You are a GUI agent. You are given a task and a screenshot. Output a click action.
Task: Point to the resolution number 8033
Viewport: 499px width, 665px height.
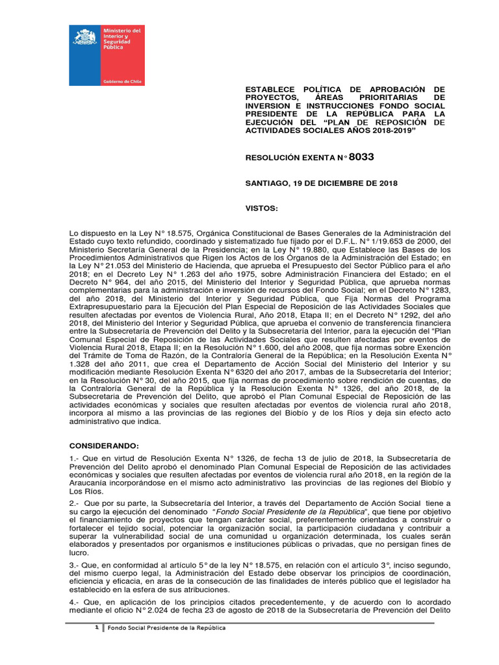(361, 157)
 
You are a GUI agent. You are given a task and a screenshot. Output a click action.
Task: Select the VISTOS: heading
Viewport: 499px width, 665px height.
(261, 209)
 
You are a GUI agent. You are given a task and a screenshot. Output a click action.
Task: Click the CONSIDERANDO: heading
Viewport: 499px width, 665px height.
(103, 447)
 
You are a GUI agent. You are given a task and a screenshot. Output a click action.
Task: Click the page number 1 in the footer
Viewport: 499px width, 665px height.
(96, 628)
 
